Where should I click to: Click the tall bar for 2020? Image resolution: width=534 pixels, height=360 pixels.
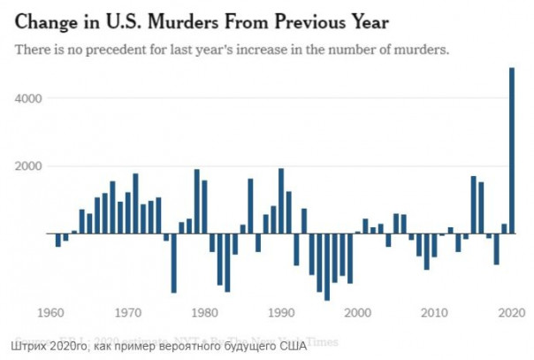[x=512, y=150]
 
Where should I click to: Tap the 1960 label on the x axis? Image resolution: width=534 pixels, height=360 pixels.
[x=53, y=312]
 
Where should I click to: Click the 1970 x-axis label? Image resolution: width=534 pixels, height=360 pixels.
[x=129, y=312]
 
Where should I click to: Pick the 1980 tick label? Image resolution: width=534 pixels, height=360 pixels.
[x=205, y=312]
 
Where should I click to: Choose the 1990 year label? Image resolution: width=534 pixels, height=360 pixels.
[x=281, y=312]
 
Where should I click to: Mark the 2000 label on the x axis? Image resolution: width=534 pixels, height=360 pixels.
[x=358, y=312]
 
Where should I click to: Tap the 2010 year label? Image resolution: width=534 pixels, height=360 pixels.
[x=435, y=312]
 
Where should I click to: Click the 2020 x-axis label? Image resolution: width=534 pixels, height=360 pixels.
[x=511, y=312]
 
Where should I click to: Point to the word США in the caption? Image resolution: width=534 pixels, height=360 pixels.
[x=291, y=344]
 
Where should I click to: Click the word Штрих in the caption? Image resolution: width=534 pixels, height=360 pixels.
[x=33, y=344]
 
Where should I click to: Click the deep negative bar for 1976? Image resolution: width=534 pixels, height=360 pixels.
[x=174, y=263]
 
